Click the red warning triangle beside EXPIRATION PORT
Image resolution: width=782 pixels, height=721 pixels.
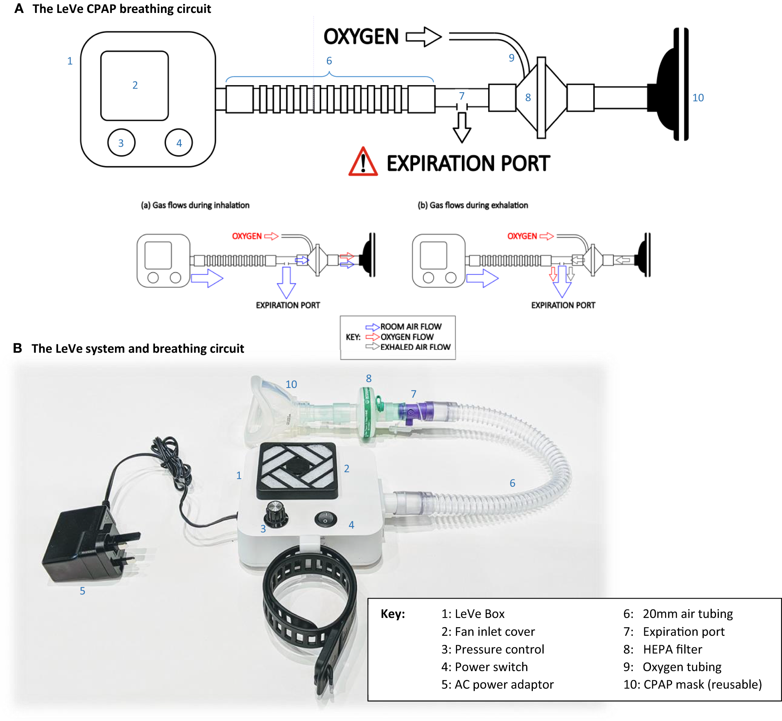coord(363,162)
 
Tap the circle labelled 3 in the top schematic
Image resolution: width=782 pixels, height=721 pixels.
coord(121,143)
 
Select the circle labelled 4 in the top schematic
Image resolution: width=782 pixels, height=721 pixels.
coord(179,143)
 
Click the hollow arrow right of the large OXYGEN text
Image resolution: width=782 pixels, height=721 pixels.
coord(424,37)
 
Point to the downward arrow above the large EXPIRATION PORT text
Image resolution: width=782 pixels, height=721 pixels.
coord(462,127)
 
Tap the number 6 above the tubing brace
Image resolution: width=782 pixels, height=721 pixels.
coord(329,61)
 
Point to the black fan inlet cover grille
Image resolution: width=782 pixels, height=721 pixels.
coord(297,470)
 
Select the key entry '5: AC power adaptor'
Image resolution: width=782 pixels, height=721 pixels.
coord(497,685)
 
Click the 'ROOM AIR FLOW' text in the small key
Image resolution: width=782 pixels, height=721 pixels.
coord(410,327)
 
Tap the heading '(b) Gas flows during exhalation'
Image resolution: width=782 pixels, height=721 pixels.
coord(472,205)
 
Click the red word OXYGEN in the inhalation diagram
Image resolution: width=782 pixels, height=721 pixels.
coord(247,236)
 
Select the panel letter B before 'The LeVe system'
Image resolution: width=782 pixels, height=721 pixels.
coord(18,348)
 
